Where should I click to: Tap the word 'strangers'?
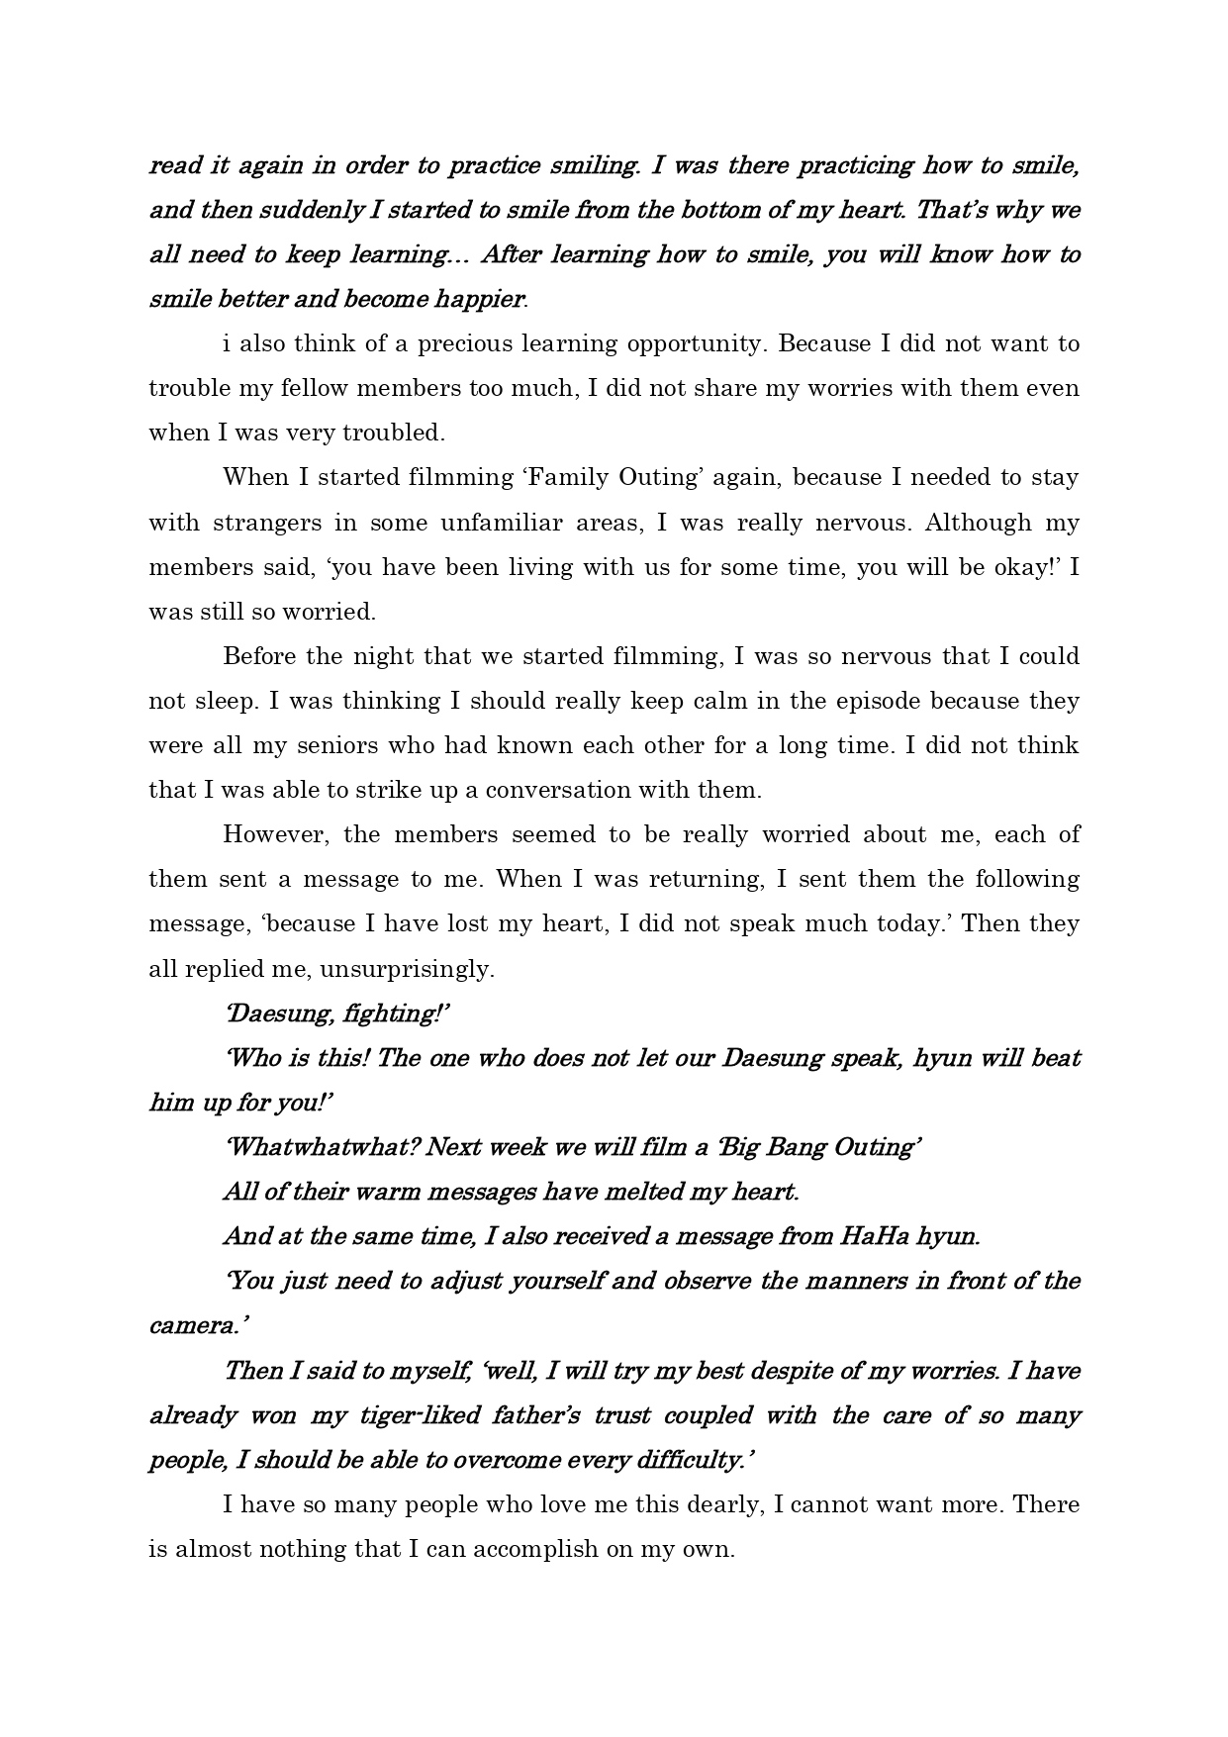pyautogui.click(x=266, y=523)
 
